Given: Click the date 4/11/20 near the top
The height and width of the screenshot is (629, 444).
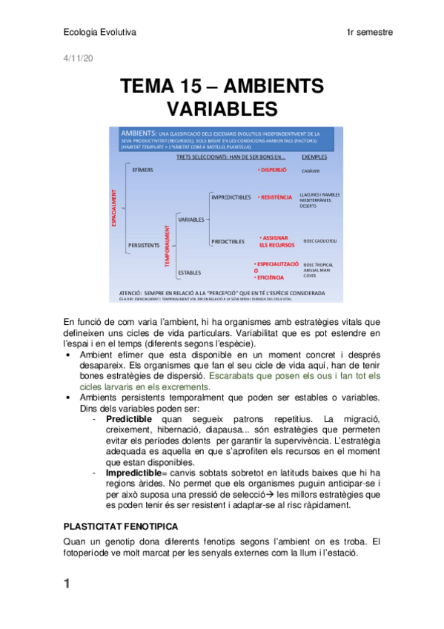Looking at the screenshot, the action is click(x=73, y=57).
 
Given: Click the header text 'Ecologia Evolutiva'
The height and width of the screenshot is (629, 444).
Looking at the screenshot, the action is click(x=100, y=33).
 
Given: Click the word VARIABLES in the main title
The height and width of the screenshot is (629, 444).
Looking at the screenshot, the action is click(x=222, y=109).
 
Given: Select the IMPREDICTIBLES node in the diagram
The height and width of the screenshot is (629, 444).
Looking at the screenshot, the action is click(x=231, y=197).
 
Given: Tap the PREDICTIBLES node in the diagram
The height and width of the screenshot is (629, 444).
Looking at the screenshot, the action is click(x=228, y=241).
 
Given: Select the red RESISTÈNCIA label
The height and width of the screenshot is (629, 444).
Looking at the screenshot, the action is click(x=275, y=197).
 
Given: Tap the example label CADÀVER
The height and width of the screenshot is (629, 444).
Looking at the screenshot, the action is click(x=311, y=171).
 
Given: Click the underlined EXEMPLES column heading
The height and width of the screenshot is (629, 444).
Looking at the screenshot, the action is click(x=314, y=157).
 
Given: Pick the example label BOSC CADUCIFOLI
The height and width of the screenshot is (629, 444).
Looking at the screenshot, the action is click(x=320, y=241).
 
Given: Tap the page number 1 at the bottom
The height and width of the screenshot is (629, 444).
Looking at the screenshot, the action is click(x=67, y=584).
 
